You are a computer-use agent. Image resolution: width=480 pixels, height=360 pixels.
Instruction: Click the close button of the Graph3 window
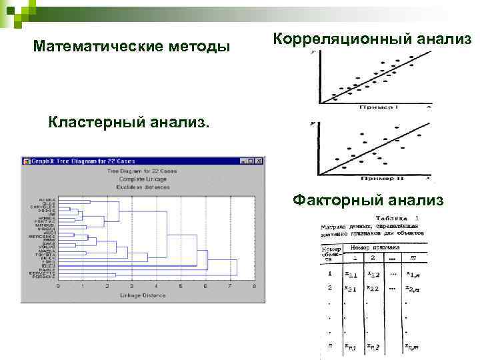tap(259, 161)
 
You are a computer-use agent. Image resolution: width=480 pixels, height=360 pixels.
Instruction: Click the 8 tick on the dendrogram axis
tap(255, 286)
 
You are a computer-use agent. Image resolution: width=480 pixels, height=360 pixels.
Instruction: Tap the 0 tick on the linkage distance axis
tap(58, 286)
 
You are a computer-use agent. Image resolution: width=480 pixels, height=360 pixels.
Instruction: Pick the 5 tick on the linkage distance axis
tap(181, 286)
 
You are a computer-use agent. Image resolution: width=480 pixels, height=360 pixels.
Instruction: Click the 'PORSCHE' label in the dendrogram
tap(43, 276)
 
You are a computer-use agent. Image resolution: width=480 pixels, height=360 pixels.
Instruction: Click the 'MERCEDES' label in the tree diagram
tap(41, 236)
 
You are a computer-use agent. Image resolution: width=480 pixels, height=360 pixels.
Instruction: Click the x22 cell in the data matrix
tap(373, 288)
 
